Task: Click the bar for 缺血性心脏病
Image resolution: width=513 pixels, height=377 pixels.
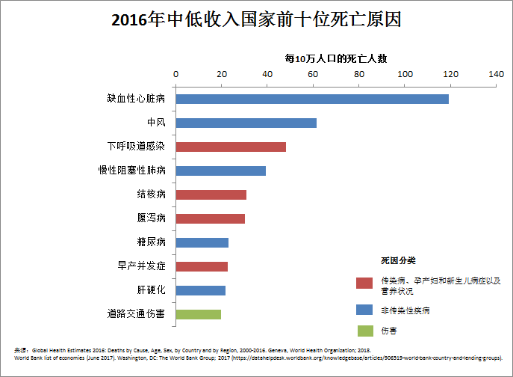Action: (312, 99)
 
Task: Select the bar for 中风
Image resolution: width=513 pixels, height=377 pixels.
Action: (246, 123)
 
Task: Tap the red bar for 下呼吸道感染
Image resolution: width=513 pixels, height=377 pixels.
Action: (231, 147)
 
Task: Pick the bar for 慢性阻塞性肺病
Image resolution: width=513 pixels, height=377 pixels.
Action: (220, 171)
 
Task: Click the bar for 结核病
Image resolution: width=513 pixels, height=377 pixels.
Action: (211, 194)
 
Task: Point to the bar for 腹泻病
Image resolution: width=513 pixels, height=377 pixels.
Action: (210, 218)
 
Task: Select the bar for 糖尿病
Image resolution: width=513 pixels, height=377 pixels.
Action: (202, 242)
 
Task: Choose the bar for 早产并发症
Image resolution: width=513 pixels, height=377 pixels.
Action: (202, 266)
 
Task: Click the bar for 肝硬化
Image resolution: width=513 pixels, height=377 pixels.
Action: (200, 290)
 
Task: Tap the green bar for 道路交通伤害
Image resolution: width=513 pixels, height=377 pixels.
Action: (198, 314)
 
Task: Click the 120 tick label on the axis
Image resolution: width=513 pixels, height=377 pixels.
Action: (451, 74)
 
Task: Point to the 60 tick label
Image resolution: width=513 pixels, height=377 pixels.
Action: (314, 74)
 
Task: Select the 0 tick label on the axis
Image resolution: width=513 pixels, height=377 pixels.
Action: (176, 74)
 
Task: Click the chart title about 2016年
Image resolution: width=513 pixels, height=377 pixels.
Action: (256, 19)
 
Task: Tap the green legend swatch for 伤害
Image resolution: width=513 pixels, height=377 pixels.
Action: (364, 330)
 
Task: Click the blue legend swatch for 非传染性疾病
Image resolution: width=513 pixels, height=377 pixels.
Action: (364, 309)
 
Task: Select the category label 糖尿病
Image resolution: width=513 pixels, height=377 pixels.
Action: (151, 242)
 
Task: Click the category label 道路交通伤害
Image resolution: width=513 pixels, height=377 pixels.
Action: (136, 314)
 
